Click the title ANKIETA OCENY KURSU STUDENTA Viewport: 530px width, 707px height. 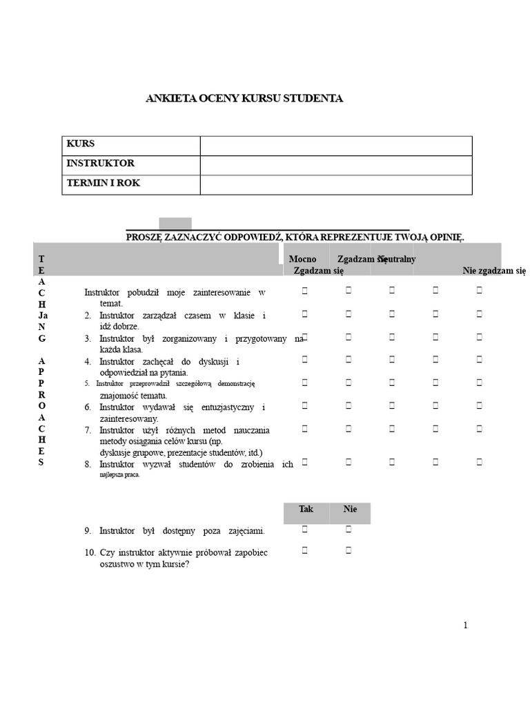(x=244, y=99)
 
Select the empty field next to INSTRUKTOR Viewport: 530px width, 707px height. (x=335, y=165)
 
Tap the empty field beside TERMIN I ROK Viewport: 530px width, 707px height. (x=335, y=184)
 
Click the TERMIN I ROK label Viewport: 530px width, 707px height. (x=103, y=183)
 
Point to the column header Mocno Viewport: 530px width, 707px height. (x=302, y=259)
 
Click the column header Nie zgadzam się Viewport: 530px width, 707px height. (x=494, y=271)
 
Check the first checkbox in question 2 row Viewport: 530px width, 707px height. (x=304, y=314)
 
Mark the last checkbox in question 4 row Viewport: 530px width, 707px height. (x=479, y=360)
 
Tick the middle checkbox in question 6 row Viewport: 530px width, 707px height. (x=392, y=406)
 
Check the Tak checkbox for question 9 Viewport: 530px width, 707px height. (x=304, y=530)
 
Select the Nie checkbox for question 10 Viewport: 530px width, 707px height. (x=349, y=550)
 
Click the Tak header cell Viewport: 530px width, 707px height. (x=306, y=510)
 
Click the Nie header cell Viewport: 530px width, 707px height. (x=350, y=510)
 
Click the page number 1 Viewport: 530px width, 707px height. (x=465, y=626)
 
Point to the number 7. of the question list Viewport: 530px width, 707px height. (x=88, y=430)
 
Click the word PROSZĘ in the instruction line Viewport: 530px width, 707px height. (x=143, y=237)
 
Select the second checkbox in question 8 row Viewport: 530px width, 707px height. (x=349, y=461)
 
